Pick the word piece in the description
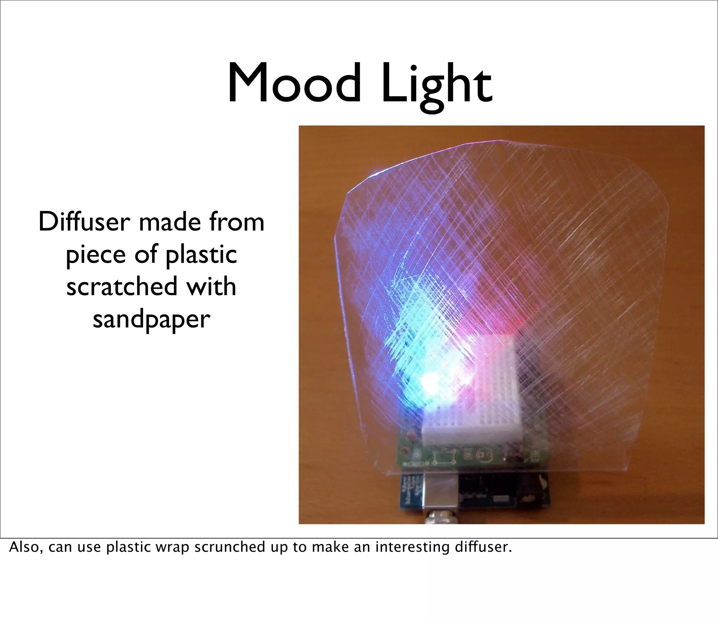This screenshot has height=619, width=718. click(95, 255)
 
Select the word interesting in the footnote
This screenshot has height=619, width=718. click(412, 547)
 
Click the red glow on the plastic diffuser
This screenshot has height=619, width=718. click(498, 315)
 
